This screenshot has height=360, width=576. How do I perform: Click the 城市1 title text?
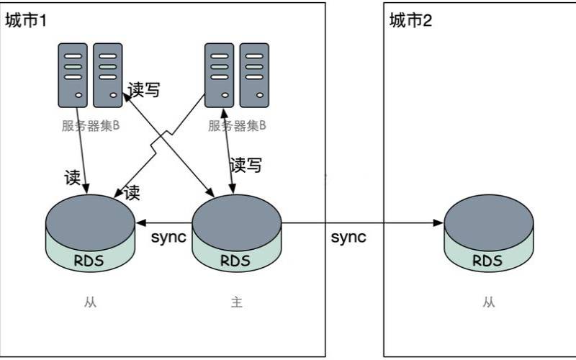(x=26, y=21)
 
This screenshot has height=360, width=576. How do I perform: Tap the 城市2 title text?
(x=410, y=21)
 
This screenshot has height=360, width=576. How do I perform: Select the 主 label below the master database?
(x=237, y=302)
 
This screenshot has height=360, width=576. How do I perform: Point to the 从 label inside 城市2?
(x=489, y=302)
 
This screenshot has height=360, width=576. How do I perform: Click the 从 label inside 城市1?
(x=91, y=302)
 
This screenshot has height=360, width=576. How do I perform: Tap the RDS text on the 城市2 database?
(x=487, y=261)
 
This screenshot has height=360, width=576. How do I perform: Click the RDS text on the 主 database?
(x=235, y=261)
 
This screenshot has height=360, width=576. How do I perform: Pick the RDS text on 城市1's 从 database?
(x=89, y=261)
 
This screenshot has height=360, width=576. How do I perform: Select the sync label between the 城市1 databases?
(x=168, y=238)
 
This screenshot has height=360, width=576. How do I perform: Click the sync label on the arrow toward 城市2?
(x=348, y=238)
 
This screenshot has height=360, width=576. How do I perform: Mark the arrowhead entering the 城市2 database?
(x=438, y=222)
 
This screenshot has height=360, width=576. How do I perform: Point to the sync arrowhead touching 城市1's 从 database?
(x=141, y=222)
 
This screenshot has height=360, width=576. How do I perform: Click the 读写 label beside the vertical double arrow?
(x=246, y=166)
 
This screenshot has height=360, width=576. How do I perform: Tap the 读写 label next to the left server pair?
(x=143, y=89)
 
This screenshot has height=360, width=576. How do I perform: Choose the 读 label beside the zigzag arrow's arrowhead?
(x=132, y=192)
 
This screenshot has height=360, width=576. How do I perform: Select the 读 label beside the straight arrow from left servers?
(x=73, y=177)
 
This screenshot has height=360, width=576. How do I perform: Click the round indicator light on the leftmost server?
(x=78, y=95)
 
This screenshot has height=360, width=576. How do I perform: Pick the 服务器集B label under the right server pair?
(x=237, y=125)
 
